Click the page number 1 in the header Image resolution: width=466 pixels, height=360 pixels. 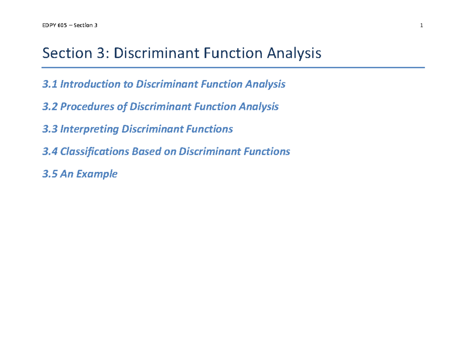click(x=421, y=26)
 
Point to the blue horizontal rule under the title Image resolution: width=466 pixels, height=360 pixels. click(x=233, y=68)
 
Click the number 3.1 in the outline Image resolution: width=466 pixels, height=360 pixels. click(x=49, y=84)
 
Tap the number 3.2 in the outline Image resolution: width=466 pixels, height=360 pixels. click(x=49, y=106)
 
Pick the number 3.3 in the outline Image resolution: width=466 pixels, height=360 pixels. click(x=49, y=129)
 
